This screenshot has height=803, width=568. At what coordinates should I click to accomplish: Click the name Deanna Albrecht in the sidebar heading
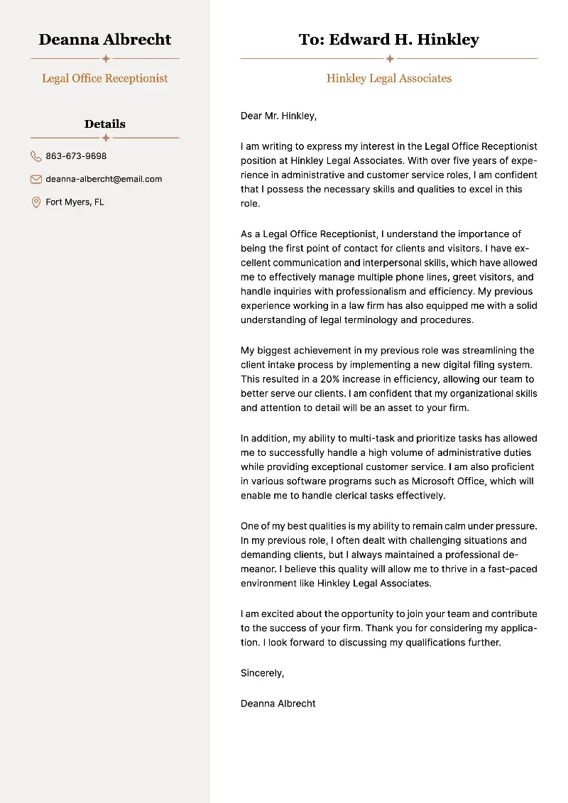pos(105,40)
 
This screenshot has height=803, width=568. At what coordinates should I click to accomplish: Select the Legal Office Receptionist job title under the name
pos(105,78)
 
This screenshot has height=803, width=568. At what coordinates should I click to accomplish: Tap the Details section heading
pos(105,124)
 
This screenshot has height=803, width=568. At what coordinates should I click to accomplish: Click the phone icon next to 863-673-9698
pos(36,156)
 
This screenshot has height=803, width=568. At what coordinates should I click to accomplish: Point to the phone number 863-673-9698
pos(76,156)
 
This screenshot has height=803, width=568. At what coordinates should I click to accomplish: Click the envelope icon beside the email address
pos(36,179)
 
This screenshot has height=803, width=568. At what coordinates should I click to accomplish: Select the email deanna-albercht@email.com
pos(104,179)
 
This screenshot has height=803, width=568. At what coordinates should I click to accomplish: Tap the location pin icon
pos(36,202)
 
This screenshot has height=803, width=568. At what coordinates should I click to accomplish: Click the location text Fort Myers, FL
pos(75,202)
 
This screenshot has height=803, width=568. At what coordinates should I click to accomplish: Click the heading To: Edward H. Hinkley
pos(389,40)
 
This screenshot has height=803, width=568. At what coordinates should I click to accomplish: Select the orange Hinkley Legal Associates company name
pos(389,78)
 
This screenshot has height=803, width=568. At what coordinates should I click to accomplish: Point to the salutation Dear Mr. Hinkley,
pos(278,116)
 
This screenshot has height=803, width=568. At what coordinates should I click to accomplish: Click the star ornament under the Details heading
pos(105,138)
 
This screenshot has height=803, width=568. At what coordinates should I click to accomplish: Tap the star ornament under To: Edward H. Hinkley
pos(389,59)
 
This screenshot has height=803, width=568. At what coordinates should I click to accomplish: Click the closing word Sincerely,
pos(262,673)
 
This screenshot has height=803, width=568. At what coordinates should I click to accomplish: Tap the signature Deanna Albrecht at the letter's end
pos(278,704)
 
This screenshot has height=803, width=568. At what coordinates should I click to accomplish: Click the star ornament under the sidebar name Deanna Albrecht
pos(105,59)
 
